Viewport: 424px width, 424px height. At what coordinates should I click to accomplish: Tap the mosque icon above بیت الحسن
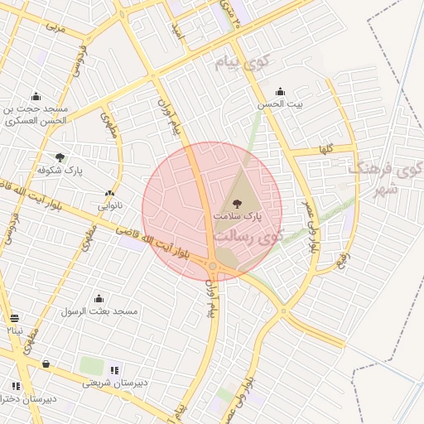[x=280, y=92]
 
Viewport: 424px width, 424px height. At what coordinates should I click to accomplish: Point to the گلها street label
[x=325, y=149]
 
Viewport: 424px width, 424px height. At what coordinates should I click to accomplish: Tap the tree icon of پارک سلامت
[x=238, y=202]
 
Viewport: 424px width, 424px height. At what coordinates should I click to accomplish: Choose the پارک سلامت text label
[x=238, y=214]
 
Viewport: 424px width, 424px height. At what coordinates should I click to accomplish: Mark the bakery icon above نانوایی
[x=109, y=193]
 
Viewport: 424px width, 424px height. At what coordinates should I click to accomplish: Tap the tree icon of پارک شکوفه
[x=60, y=157]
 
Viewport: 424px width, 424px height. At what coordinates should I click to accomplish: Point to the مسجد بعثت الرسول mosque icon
[x=99, y=298]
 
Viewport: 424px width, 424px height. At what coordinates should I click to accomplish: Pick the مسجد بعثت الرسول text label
[x=99, y=311]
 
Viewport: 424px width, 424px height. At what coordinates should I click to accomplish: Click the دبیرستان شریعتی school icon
[x=113, y=370]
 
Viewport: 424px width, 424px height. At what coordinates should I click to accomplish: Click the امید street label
[x=176, y=33]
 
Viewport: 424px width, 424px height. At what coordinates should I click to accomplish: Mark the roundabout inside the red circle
[x=213, y=265]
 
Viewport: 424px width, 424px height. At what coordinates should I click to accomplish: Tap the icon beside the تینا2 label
[x=15, y=318]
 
